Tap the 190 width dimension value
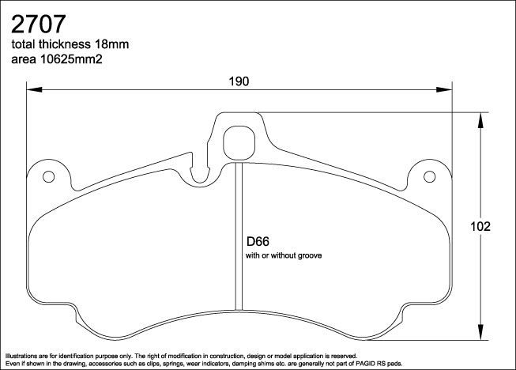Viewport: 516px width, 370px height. pos(239,81)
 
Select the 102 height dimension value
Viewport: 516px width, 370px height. pos(491,226)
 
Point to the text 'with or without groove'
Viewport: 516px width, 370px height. pos(285,256)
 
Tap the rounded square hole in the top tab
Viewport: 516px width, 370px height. pos(239,142)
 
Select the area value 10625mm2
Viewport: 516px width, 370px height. pos(77,59)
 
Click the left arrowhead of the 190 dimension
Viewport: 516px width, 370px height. pos(32,90)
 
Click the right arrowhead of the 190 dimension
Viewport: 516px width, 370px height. pos(448,90)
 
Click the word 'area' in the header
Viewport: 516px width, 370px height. pos(23,59)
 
